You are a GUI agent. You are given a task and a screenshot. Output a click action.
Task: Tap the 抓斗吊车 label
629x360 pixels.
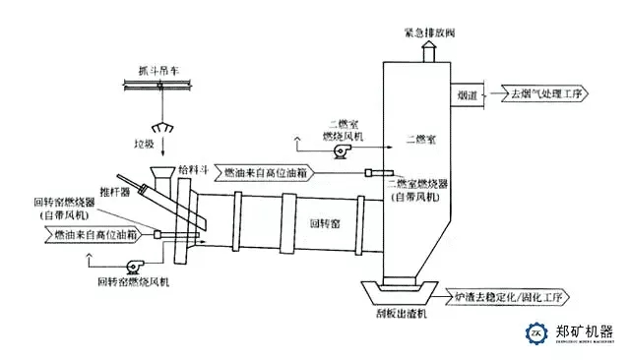pyautogui.click(x=159, y=71)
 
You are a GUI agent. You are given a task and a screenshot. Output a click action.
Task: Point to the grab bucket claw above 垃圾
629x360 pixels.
pyautogui.click(x=159, y=130)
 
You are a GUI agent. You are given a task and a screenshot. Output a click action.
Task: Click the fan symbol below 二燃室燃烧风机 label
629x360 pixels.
pyautogui.click(x=343, y=152)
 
